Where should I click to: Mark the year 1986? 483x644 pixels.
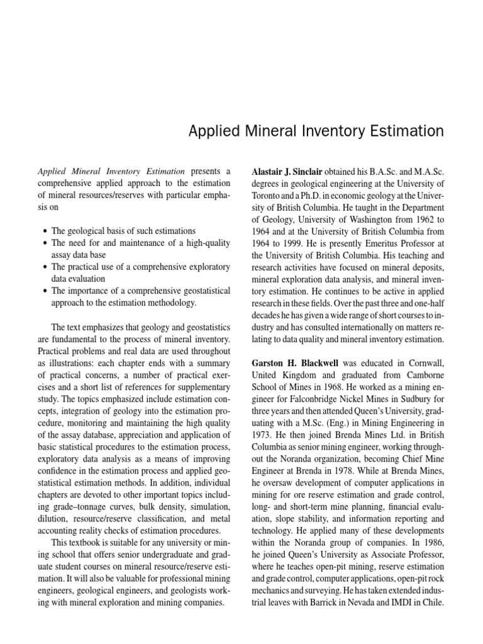[433, 542]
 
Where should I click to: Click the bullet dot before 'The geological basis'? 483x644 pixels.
[45, 231]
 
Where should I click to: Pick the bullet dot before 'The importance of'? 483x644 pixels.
[45, 291]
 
